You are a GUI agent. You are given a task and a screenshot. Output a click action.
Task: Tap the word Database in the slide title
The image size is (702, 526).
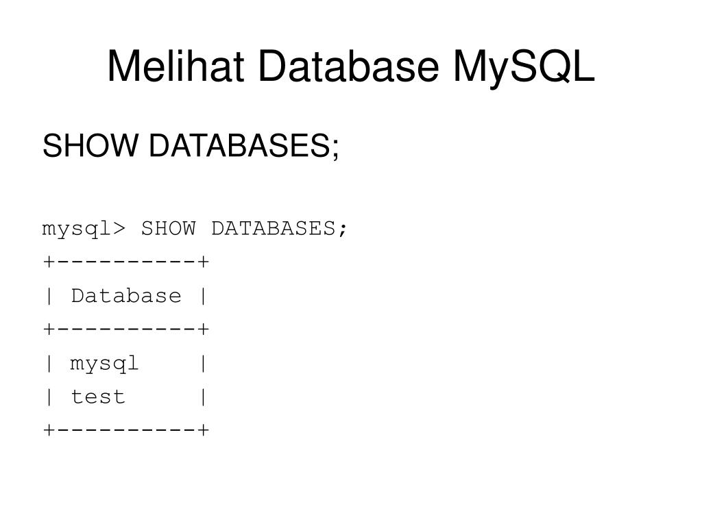coord(349,67)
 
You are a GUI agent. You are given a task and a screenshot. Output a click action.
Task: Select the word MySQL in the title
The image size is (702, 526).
coord(524,67)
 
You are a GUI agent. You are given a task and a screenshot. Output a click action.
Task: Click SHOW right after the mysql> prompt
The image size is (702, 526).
coord(169,228)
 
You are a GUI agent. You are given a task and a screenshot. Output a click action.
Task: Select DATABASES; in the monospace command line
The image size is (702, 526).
coord(280,228)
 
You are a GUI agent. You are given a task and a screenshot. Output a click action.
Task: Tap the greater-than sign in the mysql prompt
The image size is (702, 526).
coord(119,229)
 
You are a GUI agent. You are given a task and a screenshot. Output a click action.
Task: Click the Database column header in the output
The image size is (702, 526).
coord(126,296)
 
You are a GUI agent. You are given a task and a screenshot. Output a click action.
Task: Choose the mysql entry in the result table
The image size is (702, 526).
coord(105,364)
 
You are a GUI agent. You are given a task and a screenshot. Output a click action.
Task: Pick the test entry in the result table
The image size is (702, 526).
coord(98,397)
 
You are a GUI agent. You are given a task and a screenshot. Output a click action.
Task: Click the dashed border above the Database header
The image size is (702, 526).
coord(126,262)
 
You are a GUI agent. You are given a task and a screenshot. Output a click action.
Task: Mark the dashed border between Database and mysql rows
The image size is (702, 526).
coord(126,329)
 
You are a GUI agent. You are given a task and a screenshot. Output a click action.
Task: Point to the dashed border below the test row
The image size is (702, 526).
coord(126,430)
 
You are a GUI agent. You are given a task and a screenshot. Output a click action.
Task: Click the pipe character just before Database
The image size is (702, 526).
coord(49,296)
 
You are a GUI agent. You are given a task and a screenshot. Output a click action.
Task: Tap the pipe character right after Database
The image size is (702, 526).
coord(203,296)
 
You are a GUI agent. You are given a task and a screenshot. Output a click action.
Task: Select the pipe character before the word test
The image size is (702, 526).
coord(49,397)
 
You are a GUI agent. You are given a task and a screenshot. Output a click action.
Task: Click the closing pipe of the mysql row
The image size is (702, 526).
coord(203,364)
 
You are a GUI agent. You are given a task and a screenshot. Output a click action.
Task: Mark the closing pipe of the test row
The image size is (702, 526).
coord(203,397)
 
